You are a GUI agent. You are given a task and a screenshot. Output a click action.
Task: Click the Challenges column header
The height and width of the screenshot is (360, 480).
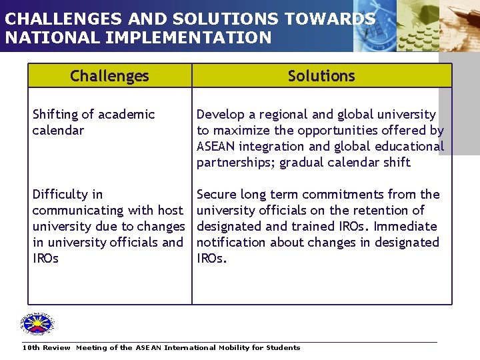[x=109, y=76]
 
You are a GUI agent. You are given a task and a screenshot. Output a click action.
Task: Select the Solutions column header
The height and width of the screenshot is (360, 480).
[x=321, y=76]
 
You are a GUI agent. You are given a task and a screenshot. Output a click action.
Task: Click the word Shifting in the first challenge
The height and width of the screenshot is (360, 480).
[x=55, y=115]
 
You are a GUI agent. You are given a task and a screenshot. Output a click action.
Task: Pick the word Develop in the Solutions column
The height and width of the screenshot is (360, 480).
[x=220, y=115]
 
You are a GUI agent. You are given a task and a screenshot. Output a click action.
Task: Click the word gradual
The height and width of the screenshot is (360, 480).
[x=303, y=163]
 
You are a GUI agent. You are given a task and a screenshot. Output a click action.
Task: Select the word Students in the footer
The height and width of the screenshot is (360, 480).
[x=283, y=347]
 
